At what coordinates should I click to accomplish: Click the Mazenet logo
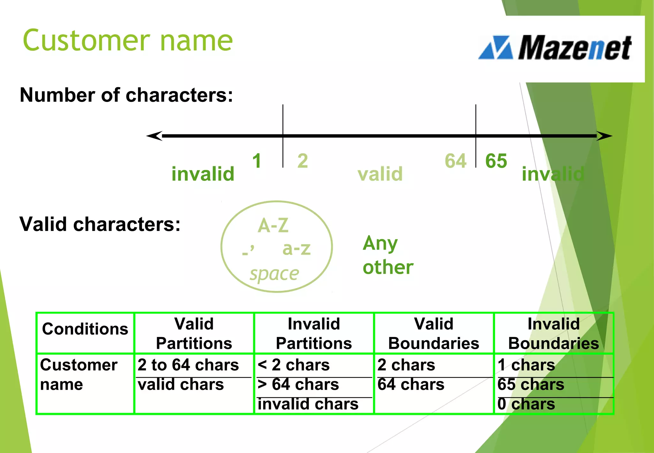point(555,48)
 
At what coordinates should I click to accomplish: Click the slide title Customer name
point(128,41)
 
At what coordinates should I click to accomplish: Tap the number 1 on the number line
point(257,161)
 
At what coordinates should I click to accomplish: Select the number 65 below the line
point(496,161)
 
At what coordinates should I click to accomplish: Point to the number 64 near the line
point(456,161)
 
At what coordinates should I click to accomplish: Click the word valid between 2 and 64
point(380,174)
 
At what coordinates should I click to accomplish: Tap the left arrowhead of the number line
point(154,136)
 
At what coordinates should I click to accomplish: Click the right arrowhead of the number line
point(604,136)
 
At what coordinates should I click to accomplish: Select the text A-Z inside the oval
point(273,226)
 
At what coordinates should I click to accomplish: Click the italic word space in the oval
point(274,274)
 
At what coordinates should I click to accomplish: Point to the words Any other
point(388,255)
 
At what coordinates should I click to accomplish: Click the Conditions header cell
point(85,329)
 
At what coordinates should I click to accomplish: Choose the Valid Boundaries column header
point(434,334)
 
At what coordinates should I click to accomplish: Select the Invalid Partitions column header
point(314,334)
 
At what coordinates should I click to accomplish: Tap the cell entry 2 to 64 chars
point(188,365)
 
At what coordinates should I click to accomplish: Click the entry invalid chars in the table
point(308,404)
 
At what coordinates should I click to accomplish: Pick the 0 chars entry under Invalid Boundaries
point(526,404)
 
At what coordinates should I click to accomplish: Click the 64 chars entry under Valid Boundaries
point(411,384)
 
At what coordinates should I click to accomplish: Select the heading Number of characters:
point(126,95)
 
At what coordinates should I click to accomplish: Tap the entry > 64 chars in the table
point(298,384)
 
